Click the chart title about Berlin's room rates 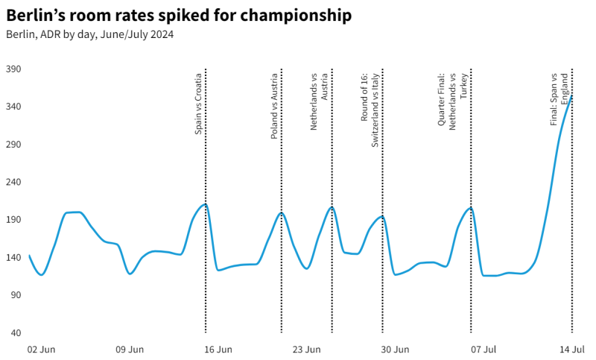coord(179,16)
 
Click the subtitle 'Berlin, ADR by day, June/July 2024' coord(89,34)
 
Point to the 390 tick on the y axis coord(13,69)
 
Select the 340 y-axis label coord(13,107)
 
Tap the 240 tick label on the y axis coord(13,183)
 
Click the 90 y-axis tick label coord(16,295)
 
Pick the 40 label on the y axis coord(16,333)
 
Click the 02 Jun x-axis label coord(41,349)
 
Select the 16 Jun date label coord(218,349)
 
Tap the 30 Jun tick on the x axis coord(396,349)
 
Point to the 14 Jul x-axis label coord(572,349)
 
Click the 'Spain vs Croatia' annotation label coord(198,104)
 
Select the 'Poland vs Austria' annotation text coord(274,106)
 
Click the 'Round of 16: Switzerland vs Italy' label coord(370,110)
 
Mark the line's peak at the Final coord(571,95)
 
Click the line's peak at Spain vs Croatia coord(205,204)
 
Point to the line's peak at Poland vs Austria coord(281,213)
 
